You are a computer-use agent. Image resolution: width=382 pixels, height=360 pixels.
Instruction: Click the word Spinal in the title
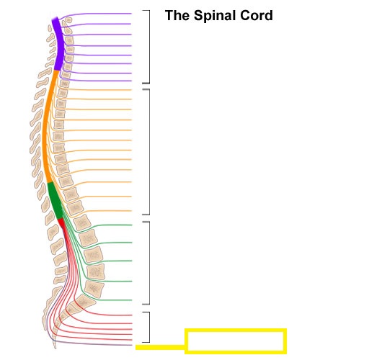215,16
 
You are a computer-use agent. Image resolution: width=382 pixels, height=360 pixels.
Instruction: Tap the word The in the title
177,15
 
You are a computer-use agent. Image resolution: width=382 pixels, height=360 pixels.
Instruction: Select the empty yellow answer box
236,341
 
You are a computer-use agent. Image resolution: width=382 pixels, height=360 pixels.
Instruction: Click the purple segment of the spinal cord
58,44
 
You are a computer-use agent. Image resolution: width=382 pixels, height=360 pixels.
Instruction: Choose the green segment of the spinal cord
55,201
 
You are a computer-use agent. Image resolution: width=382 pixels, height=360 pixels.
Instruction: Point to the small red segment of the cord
61,222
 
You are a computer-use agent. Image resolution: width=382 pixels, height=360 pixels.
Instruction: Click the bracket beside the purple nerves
149,47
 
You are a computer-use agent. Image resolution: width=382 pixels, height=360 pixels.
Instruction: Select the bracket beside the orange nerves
149,152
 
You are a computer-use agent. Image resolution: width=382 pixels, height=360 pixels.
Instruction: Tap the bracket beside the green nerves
149,263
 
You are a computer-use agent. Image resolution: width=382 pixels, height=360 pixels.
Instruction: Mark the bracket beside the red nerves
149,327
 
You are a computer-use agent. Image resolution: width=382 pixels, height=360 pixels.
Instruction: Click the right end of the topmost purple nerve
131,14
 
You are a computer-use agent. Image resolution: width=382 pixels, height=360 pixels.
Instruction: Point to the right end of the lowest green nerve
132,300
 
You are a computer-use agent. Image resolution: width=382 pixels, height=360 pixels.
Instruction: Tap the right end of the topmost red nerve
132,315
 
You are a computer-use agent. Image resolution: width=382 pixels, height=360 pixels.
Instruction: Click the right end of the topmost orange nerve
131,90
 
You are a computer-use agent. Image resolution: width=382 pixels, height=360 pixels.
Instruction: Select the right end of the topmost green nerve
132,225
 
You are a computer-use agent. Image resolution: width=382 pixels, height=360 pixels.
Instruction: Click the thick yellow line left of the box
160,347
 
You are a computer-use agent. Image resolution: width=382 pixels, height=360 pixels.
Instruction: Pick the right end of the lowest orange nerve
131,211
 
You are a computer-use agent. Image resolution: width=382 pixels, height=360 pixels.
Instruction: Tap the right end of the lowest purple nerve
131,81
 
